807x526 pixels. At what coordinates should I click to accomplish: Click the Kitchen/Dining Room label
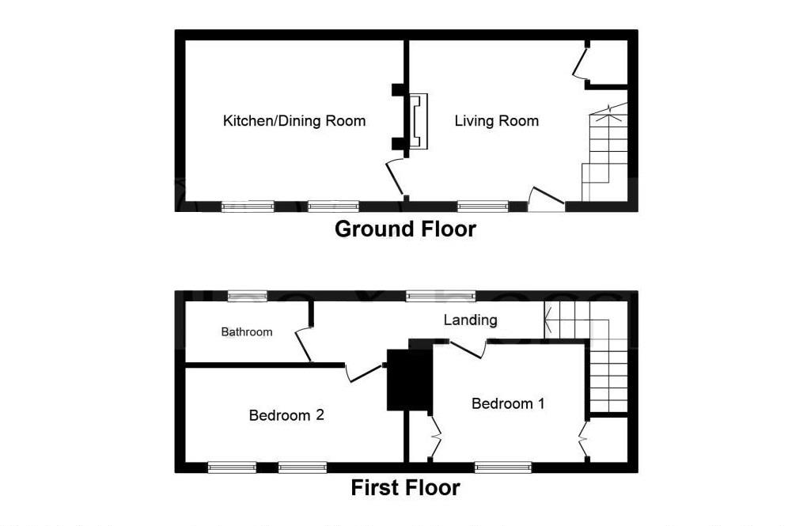pos(294,121)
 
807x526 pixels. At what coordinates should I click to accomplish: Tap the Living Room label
pos(496,121)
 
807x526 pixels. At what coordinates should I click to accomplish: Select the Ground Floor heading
pos(405,229)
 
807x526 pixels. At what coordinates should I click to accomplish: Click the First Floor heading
pos(405,488)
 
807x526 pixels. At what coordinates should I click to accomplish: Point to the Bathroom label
pos(246,332)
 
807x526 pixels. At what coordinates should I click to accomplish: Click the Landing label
pos(470,320)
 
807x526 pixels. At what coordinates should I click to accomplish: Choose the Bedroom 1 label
pos(508,403)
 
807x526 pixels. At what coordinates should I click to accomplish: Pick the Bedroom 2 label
pos(286,415)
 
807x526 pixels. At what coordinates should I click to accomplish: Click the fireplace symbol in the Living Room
pos(418,122)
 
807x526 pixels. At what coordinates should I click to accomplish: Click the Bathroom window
pos(246,296)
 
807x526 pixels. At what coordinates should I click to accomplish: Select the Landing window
pos(441,296)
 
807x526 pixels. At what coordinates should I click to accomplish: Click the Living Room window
pos(483,206)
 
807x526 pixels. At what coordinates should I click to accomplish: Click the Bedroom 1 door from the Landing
pos(468,348)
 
